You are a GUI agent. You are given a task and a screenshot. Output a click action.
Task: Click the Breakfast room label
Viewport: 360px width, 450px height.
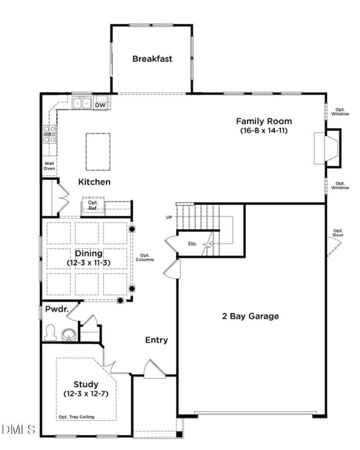(152, 59)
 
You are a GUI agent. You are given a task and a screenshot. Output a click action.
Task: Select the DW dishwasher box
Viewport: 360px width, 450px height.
(100, 105)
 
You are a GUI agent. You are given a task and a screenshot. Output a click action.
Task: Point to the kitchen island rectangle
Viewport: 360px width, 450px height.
(97, 152)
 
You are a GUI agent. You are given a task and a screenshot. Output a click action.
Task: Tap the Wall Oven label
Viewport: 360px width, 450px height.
(50, 166)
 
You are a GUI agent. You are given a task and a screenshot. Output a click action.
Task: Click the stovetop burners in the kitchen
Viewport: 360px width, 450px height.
(50, 135)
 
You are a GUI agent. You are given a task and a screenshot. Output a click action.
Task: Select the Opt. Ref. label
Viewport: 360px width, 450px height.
(92, 205)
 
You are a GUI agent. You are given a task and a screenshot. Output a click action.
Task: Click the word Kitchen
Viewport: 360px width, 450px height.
(94, 182)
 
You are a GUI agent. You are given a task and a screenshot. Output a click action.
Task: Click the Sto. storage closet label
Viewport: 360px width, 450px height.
(193, 243)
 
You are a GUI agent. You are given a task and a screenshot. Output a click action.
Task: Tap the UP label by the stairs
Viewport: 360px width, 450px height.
(169, 217)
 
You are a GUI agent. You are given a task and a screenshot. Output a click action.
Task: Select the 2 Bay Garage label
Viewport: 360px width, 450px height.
(250, 317)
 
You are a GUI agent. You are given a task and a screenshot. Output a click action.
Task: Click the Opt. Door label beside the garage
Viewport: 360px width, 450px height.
(338, 233)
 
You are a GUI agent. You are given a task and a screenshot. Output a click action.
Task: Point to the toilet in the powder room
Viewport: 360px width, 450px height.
(50, 333)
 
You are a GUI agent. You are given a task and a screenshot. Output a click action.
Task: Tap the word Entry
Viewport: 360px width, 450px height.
(157, 340)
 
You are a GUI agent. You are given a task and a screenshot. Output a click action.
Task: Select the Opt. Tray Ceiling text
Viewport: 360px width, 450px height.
(76, 417)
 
